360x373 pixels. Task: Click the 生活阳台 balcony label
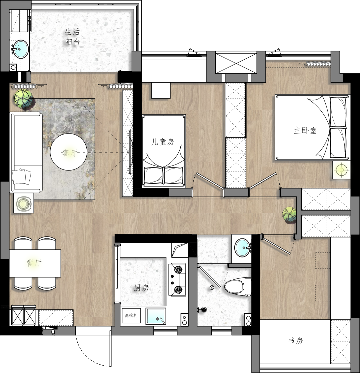(x=72, y=37)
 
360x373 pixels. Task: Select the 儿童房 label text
(x=163, y=142)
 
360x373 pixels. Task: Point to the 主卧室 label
(x=305, y=131)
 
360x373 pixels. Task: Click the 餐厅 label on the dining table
(x=34, y=263)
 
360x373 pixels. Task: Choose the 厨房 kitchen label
(x=141, y=288)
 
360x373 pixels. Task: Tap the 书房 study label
(x=295, y=341)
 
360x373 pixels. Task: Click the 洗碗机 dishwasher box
(x=131, y=316)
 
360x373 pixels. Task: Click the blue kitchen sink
(x=156, y=316)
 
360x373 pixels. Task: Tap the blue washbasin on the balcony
(x=20, y=49)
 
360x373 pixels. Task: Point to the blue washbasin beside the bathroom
(x=243, y=248)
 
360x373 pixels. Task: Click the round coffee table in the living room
(x=69, y=152)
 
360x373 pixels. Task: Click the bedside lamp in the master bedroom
(x=342, y=170)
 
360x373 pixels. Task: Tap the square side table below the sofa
(x=23, y=203)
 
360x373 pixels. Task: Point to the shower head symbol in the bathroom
(x=203, y=310)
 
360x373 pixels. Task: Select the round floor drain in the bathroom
(x=212, y=287)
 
